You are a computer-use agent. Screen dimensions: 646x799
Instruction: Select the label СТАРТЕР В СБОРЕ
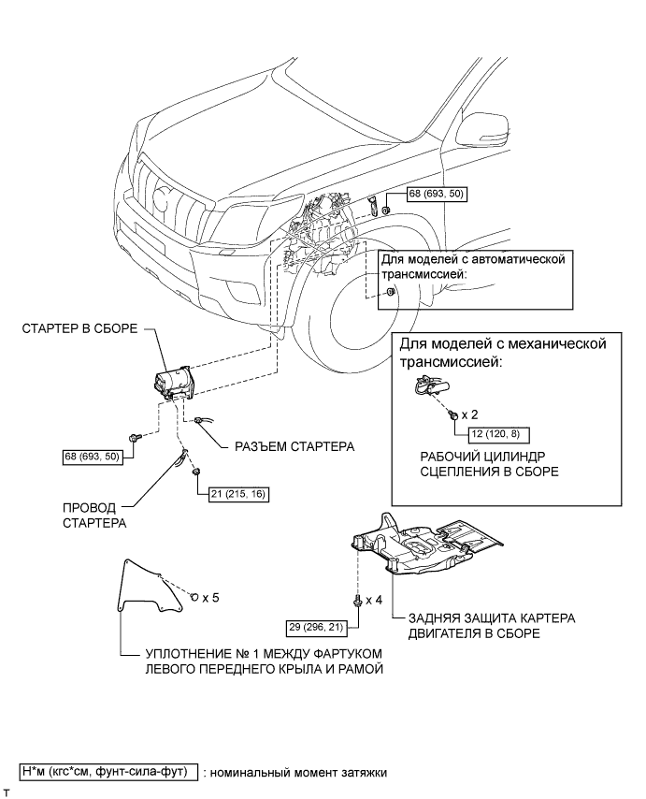tap(79, 328)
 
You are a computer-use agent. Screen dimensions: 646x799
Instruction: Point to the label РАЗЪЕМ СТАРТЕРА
tap(294, 447)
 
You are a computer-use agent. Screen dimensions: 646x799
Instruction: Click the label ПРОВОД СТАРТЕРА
tap(94, 516)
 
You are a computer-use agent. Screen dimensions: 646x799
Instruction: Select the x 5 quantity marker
tap(210, 597)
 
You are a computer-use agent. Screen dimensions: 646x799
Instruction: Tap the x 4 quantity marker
tap(374, 600)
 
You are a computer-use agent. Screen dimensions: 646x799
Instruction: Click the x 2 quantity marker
tap(470, 414)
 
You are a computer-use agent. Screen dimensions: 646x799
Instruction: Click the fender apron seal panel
tap(148, 585)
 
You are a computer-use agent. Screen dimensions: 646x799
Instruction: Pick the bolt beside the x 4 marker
tap(358, 601)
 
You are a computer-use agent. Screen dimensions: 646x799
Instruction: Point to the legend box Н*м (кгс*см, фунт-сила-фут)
tap(108, 772)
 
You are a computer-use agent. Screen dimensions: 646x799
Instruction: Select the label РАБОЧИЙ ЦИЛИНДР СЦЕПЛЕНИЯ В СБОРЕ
tap(490, 464)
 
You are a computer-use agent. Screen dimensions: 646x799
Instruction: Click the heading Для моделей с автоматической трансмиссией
tap(473, 266)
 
